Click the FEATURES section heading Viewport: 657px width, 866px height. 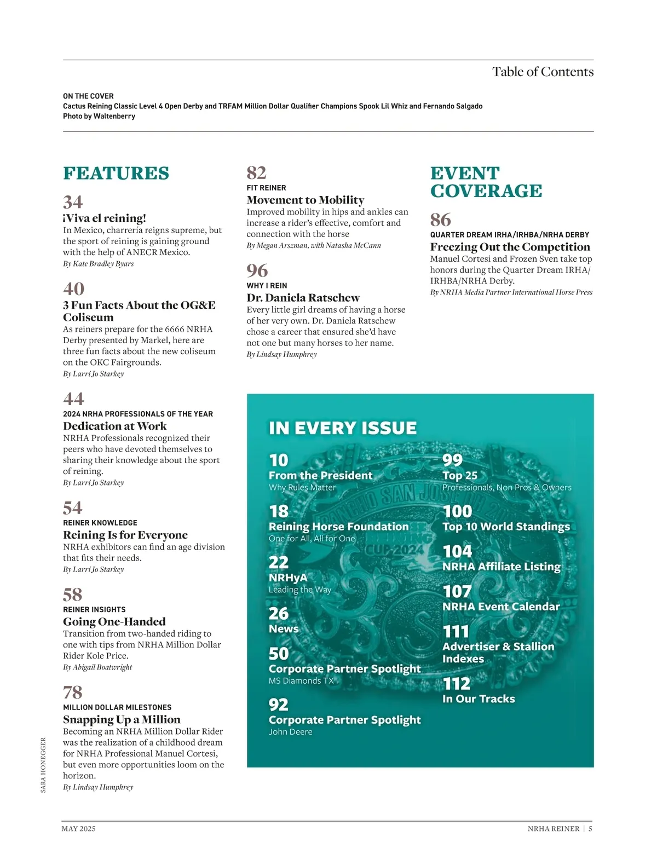[116, 173]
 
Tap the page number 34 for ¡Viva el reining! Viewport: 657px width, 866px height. [73, 202]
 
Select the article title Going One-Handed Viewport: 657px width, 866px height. [114, 621]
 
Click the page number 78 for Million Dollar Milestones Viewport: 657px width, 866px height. [72, 692]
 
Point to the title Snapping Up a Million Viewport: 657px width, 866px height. [122, 719]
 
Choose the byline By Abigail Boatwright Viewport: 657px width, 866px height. [97, 667]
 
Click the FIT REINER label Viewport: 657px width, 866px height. [266, 188]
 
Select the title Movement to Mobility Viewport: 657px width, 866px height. [305, 200]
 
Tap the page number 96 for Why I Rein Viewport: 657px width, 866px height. [257, 270]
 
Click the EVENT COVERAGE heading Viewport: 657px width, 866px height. [486, 182]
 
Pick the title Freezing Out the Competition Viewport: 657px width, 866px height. [510, 247]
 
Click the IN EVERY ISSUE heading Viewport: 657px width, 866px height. [343, 428]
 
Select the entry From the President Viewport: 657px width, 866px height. [320, 475]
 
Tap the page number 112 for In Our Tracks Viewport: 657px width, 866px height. [457, 683]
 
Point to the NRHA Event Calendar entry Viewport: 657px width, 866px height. [501, 607]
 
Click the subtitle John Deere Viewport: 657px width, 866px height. [290, 732]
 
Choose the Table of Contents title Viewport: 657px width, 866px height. [543, 72]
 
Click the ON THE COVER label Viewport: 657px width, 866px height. [88, 96]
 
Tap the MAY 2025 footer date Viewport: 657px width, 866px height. [78, 829]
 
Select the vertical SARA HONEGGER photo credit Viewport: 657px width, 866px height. [44, 765]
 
